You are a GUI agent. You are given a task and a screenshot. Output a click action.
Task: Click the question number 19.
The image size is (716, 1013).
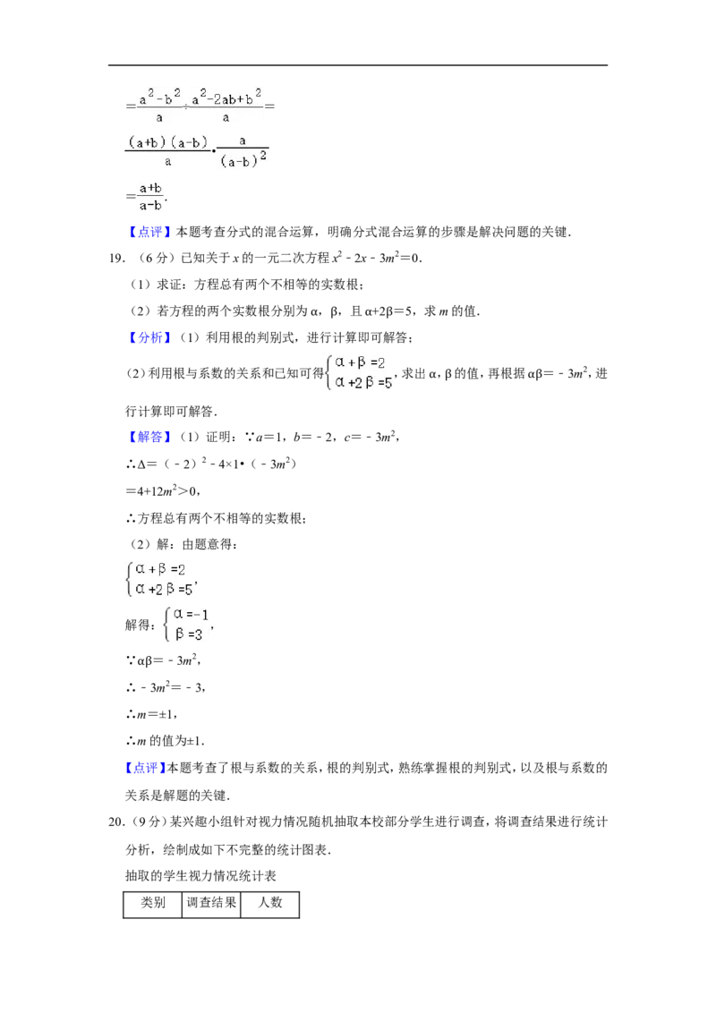point(116,259)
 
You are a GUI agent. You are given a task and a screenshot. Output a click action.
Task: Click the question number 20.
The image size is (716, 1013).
point(116,822)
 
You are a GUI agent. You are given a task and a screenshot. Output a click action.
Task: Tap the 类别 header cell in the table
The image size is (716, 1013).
point(153,903)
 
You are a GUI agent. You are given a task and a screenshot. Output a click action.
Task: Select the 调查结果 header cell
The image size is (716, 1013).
point(211,903)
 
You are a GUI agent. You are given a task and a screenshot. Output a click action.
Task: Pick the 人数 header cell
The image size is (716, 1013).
point(270,903)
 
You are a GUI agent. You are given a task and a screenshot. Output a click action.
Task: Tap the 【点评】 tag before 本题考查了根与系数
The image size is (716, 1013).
point(146,768)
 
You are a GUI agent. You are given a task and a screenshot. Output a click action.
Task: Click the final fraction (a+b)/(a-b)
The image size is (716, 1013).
point(150,197)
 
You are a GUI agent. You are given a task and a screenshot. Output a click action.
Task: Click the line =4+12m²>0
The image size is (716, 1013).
point(162,491)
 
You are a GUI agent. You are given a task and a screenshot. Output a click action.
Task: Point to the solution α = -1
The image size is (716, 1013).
point(192,615)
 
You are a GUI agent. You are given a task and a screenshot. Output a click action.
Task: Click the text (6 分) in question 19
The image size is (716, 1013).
point(152,259)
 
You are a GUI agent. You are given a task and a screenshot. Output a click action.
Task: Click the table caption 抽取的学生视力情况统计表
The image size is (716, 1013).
point(200,876)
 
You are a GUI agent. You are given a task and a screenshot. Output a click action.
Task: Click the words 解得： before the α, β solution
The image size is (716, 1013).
point(141,625)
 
